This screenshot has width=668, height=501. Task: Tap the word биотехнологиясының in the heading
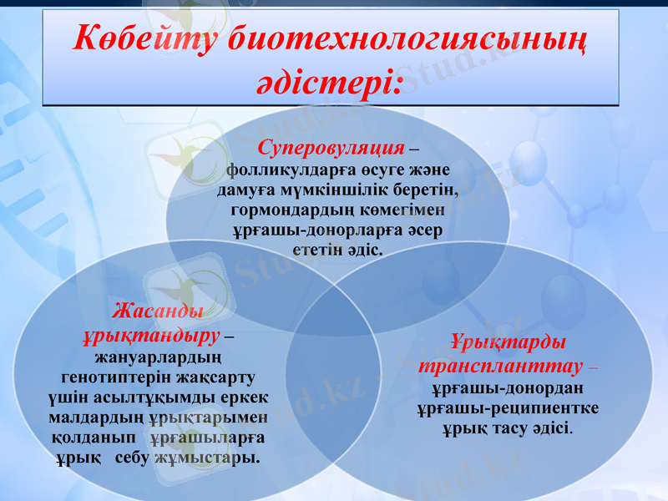(407, 39)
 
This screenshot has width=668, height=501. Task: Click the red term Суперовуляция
(331, 149)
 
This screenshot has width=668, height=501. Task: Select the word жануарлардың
(157, 357)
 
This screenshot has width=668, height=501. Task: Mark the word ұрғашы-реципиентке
(507, 408)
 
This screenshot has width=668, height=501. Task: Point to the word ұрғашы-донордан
(507, 387)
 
